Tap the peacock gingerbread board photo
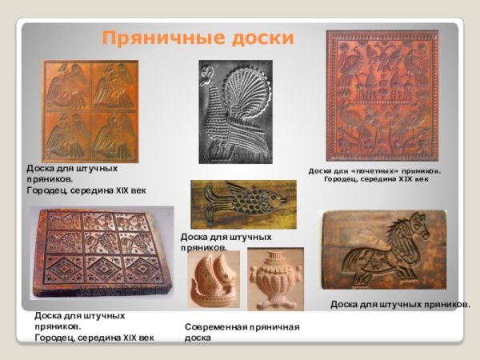pyautogui.click(x=235, y=112)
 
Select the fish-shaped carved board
pyautogui.click(x=243, y=205)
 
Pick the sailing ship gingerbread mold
pyautogui.click(x=214, y=280)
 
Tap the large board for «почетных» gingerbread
pyautogui.click(x=382, y=95)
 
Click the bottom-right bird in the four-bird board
pyautogui.click(x=114, y=135)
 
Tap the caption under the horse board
pyautogui.click(x=400, y=305)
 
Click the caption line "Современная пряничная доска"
pyautogui.click(x=242, y=332)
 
